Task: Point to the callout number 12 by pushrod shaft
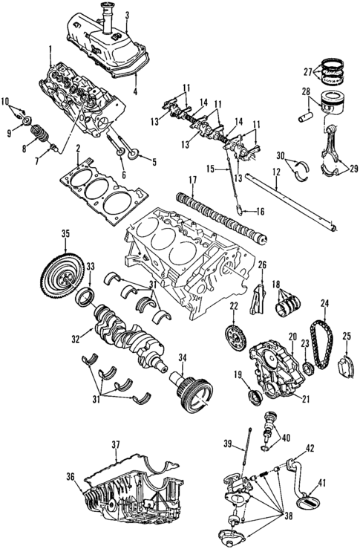276,173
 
